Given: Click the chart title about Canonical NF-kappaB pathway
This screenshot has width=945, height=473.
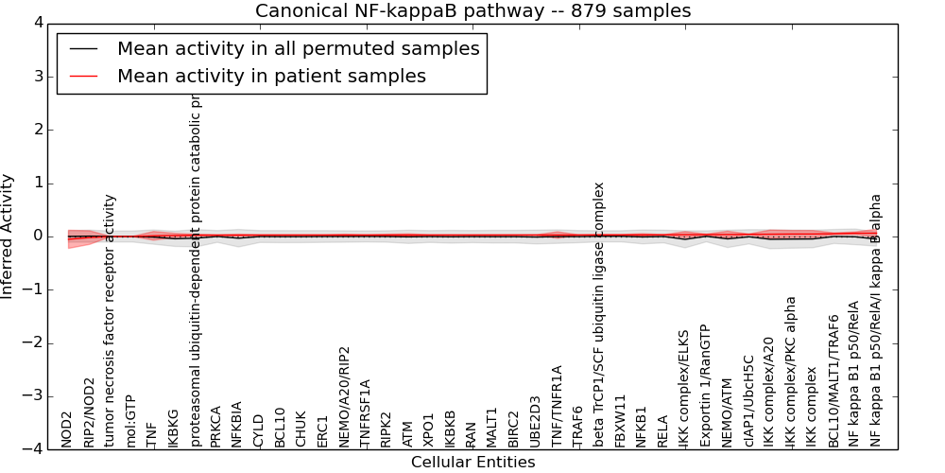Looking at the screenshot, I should pos(472,11).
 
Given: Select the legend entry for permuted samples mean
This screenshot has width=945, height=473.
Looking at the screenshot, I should pos(298,49).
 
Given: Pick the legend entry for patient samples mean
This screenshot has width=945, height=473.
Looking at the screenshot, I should pos(271,77).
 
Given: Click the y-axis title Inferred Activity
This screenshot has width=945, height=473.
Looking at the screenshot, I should pos(9,236).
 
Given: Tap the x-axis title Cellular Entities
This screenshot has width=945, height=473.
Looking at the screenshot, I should pos(472,463).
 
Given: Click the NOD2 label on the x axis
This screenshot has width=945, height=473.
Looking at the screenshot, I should pos(67,429).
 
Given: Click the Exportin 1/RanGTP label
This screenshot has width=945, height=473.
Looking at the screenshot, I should pos(704,385).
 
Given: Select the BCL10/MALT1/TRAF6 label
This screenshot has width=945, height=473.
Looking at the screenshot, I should pos(833,381).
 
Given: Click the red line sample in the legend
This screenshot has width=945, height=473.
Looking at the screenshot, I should pos(84,77).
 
